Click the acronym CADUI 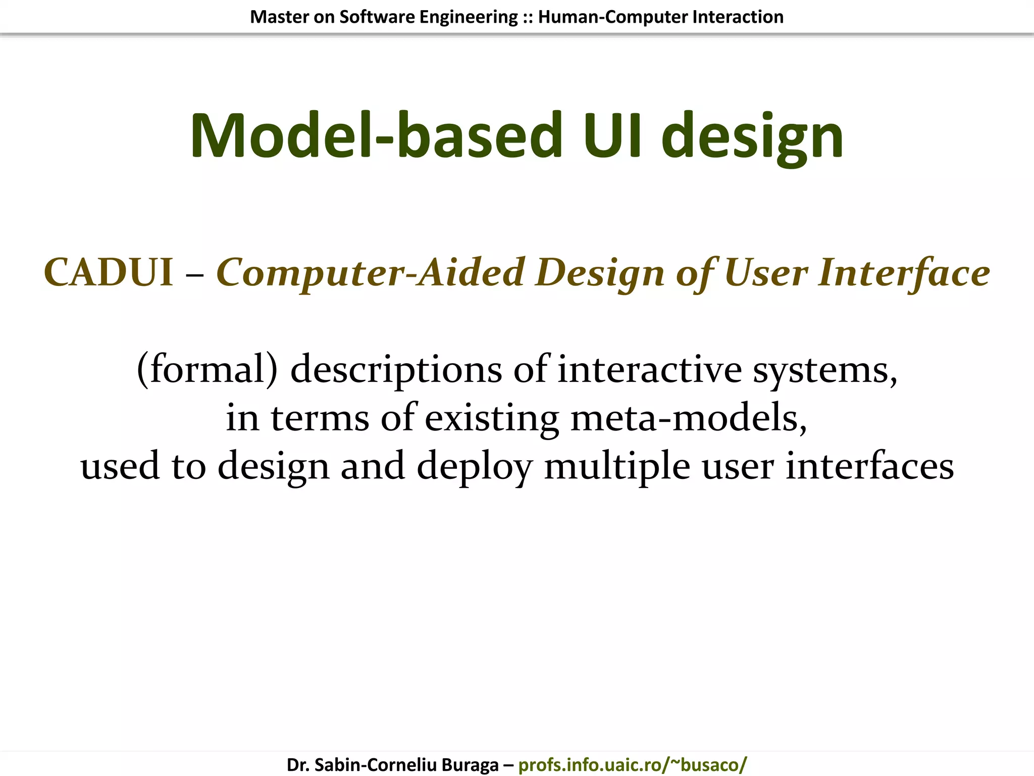(109, 273)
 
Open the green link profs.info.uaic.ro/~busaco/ (632, 764)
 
